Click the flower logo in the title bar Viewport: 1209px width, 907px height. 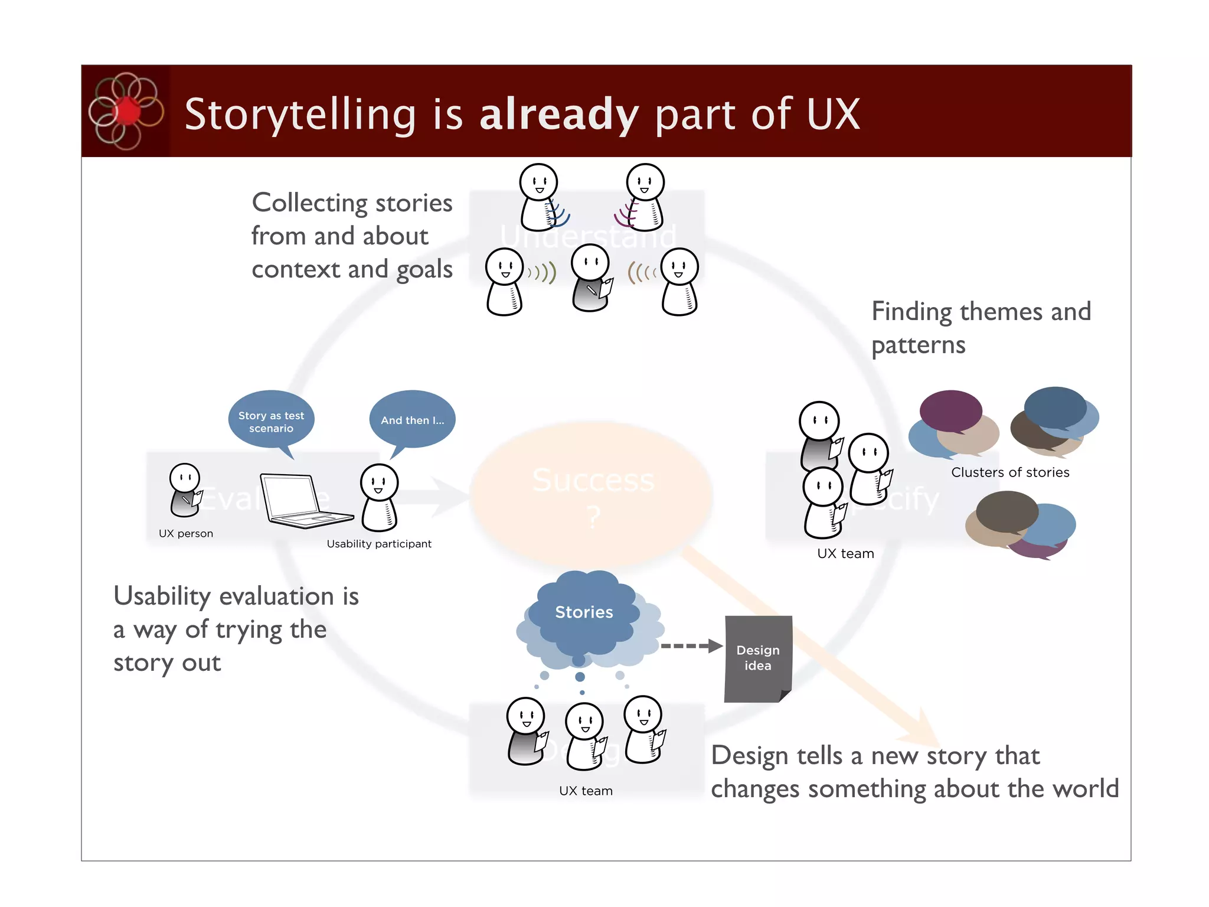click(125, 111)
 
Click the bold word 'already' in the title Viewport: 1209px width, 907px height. click(558, 114)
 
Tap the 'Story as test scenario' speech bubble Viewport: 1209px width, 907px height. click(271, 421)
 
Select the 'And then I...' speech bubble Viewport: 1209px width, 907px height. click(412, 420)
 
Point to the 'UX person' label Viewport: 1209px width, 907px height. click(186, 534)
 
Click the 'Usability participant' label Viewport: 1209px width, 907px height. click(379, 544)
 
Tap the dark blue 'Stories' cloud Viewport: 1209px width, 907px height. click(584, 612)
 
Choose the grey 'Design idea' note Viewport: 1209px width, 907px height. click(758, 658)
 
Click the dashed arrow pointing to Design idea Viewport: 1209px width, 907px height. click(691, 646)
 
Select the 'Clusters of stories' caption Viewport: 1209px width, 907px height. click(1010, 472)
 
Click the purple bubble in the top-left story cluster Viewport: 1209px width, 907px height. click(950, 410)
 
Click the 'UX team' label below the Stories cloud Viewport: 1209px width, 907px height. click(586, 791)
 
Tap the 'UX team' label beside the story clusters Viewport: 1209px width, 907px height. click(845, 554)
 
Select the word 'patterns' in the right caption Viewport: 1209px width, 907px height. click(918, 345)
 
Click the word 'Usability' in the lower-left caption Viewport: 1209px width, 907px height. click(162, 597)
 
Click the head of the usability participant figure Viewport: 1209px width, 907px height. click(379, 482)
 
